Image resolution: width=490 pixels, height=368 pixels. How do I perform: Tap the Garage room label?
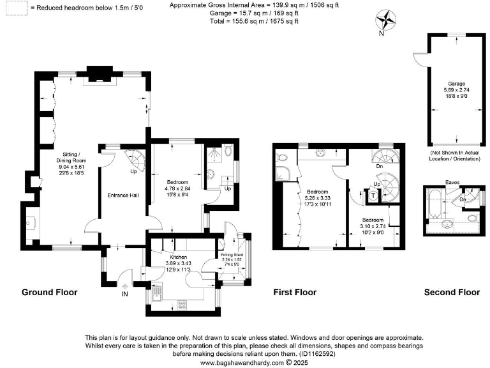(456, 84)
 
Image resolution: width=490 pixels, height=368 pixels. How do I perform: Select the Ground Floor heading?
(50, 292)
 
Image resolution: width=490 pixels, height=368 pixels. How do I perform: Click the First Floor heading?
(296, 292)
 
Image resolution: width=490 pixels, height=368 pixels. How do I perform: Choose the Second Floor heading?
(452, 292)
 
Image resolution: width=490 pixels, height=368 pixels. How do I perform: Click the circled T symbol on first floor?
(373, 195)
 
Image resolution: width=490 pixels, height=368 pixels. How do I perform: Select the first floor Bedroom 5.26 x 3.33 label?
(317, 192)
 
